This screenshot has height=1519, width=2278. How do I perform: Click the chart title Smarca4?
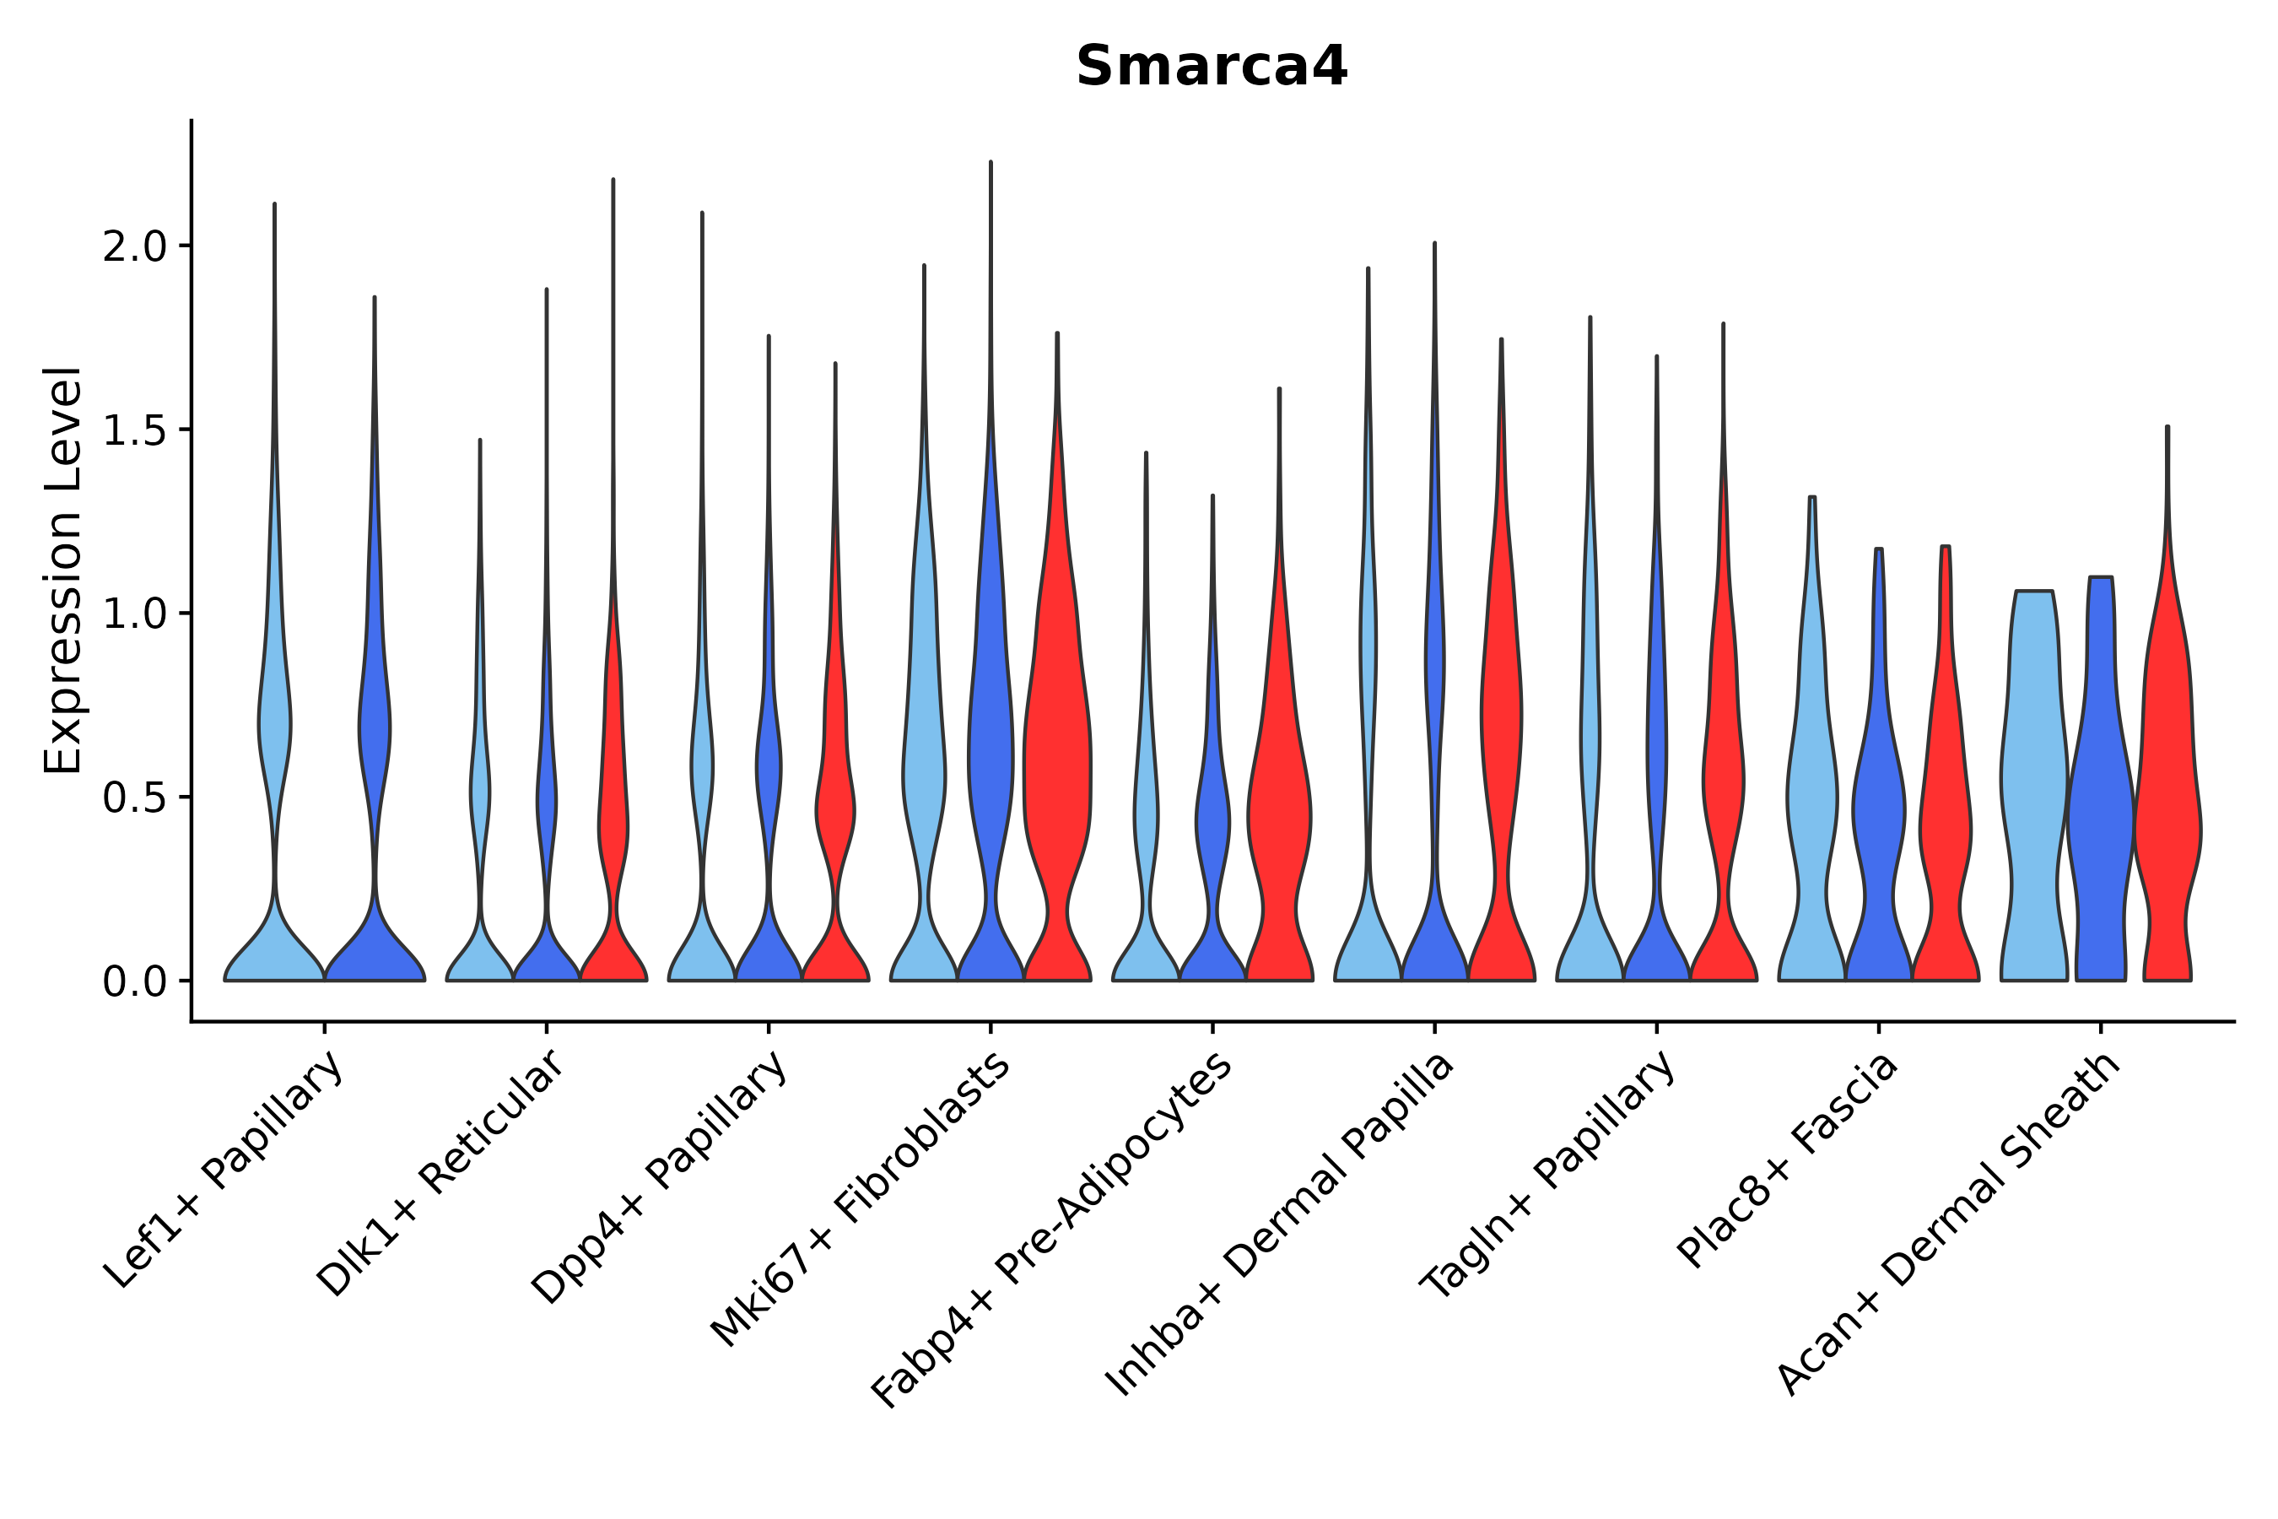(x=1211, y=68)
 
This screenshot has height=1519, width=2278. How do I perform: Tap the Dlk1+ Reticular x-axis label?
(x=441, y=1174)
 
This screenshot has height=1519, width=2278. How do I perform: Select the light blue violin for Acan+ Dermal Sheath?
(x=2033, y=775)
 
